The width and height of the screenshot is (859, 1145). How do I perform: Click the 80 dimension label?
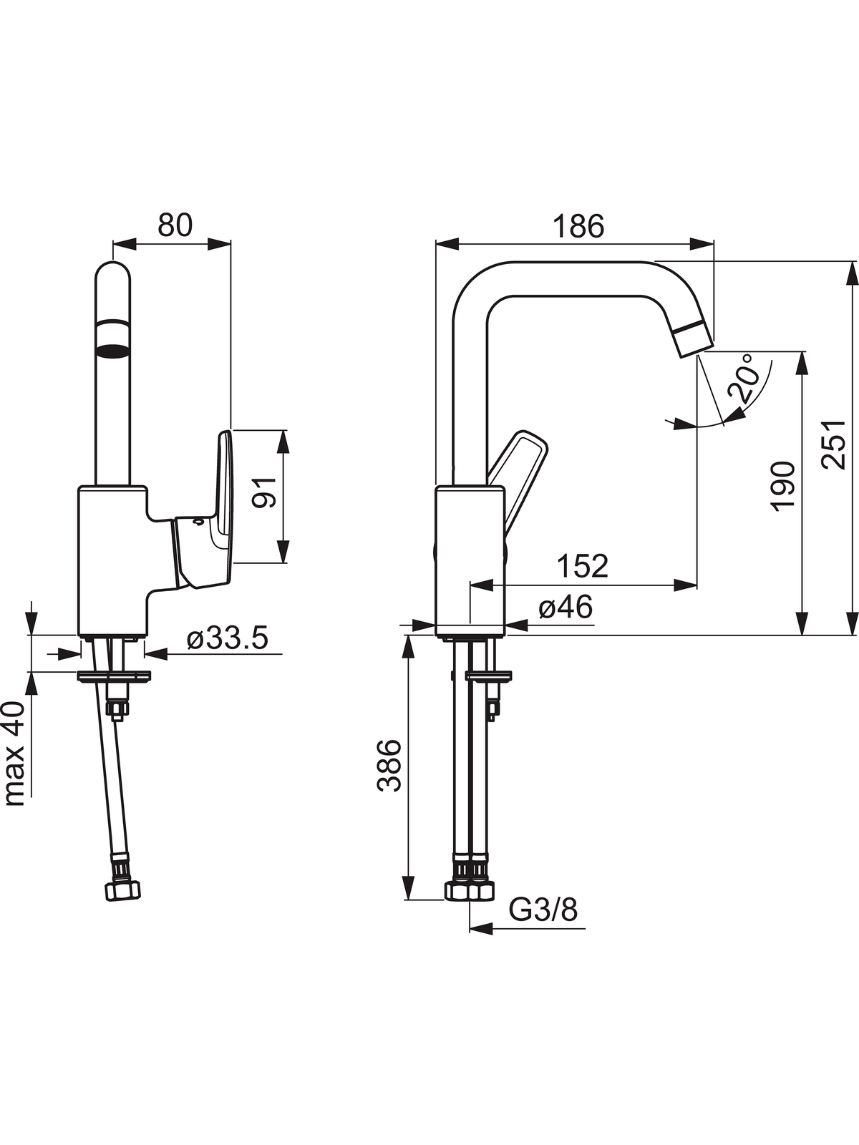click(175, 225)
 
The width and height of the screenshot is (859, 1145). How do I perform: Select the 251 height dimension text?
click(833, 444)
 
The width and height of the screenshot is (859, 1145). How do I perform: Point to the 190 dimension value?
click(783, 486)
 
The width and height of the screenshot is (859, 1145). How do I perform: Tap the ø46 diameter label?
click(566, 607)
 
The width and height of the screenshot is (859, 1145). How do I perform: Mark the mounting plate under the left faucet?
click(114, 676)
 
